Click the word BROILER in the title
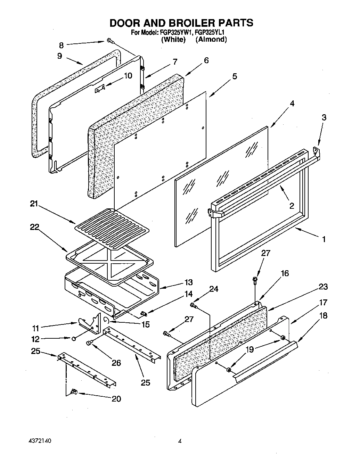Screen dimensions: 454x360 pos(184,23)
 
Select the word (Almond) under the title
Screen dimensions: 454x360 pos(211,39)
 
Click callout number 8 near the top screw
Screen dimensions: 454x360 pos(62,45)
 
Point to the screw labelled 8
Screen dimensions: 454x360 pos(110,41)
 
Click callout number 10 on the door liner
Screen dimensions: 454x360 pos(128,75)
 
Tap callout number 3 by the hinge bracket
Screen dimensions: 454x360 pos(324,117)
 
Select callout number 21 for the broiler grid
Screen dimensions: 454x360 pos(34,204)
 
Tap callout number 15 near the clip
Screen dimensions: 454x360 pos(146,324)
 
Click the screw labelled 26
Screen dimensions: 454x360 pos(89,343)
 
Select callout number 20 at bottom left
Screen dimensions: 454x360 pos(116,398)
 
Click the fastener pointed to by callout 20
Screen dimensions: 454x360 pos(73,392)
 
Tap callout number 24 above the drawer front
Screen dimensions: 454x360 pos(214,289)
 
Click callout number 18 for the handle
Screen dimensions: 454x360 pos(323,316)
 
